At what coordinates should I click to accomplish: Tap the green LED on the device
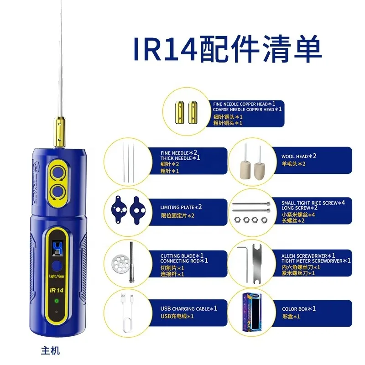57,301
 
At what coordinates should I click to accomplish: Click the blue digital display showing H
57,247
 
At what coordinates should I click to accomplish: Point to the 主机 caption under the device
50,351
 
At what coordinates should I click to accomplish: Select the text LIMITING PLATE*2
181,207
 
